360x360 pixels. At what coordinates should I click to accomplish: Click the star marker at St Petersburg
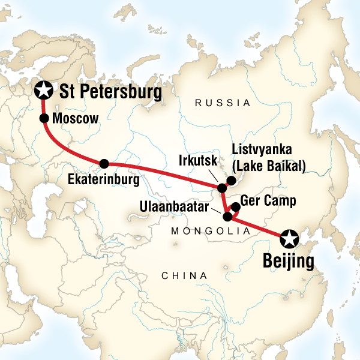[43, 91]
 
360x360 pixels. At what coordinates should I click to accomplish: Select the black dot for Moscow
[44, 118]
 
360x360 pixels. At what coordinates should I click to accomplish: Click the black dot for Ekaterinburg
[104, 163]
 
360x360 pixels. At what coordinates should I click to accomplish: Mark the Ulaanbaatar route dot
[227, 217]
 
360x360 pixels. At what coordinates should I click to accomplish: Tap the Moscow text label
[75, 119]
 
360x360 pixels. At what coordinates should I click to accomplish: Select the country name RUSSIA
[223, 103]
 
